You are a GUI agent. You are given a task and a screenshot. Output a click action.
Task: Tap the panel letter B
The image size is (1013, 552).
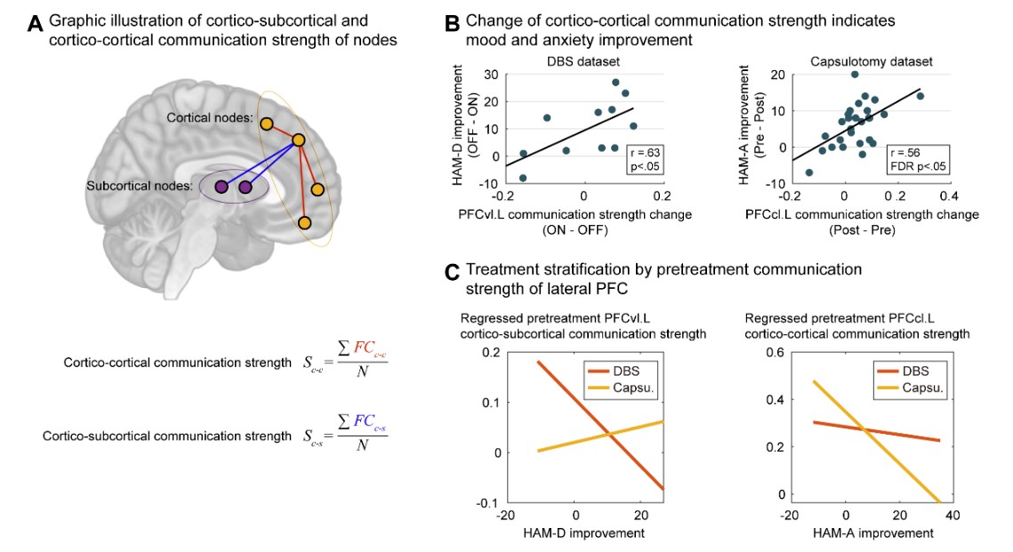click(x=453, y=24)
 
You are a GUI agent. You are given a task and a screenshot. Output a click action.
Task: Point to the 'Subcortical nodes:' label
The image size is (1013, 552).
click(x=140, y=186)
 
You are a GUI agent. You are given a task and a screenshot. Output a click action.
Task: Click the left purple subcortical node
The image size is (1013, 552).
click(x=221, y=187)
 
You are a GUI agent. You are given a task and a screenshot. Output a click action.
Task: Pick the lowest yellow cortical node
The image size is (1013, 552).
click(x=306, y=222)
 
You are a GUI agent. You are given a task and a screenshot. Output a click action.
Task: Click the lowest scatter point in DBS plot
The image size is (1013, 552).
click(x=523, y=178)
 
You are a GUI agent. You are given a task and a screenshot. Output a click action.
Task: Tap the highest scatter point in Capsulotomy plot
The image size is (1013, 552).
click(x=855, y=75)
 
